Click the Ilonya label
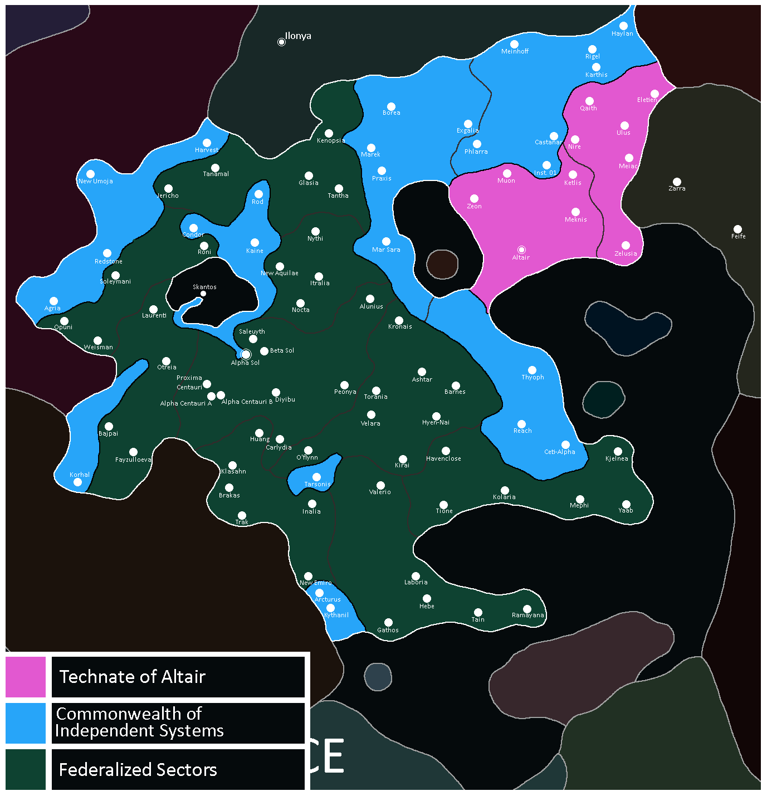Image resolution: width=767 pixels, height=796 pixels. (x=298, y=36)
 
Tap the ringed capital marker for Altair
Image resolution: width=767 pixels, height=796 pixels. (x=521, y=250)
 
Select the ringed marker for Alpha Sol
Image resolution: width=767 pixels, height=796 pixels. (x=246, y=354)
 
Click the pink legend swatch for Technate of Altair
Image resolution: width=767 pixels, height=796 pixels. (x=26, y=677)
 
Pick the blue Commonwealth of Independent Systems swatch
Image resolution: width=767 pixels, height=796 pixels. (x=26, y=723)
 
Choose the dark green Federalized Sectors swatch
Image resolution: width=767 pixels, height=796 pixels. (x=26, y=769)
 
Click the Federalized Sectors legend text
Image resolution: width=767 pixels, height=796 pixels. (x=138, y=770)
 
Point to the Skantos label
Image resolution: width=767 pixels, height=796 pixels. (x=204, y=287)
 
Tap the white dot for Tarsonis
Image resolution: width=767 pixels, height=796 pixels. (x=316, y=477)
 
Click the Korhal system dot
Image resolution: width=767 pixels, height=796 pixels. (x=77, y=482)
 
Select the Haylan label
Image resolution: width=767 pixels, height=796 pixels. (x=622, y=34)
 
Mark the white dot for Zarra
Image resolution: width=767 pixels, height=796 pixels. (x=677, y=182)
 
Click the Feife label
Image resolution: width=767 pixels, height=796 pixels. (x=738, y=237)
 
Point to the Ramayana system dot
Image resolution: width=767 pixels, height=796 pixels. (x=527, y=609)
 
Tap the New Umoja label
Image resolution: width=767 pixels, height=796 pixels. (x=96, y=182)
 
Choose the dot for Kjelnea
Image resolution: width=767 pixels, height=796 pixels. (x=618, y=451)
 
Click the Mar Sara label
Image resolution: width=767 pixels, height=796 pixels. (x=386, y=250)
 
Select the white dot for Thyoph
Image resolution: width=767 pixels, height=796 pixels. (x=532, y=370)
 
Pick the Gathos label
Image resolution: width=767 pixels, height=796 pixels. (x=388, y=631)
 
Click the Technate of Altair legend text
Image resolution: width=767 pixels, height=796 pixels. (x=133, y=677)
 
